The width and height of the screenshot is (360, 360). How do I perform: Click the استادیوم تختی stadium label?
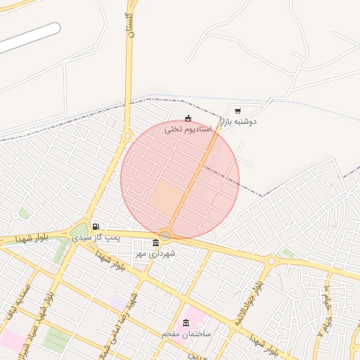tap(188, 129)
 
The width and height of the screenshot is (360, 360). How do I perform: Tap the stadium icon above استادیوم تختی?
tap(188, 118)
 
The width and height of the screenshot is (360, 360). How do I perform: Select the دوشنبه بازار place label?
tap(238, 122)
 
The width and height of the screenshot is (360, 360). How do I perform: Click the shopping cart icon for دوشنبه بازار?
tap(238, 110)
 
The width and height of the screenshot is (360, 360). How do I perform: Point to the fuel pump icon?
tap(95, 226)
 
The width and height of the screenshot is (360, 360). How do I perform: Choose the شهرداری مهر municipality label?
tap(155, 253)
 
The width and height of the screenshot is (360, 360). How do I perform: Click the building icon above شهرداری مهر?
tap(155, 243)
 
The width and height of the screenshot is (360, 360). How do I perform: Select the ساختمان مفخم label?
tap(186, 333)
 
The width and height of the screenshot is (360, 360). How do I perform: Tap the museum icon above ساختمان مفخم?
tap(186, 323)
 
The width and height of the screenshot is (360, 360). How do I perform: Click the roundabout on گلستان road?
tap(127, 136)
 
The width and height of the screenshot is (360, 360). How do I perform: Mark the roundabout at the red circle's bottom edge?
tap(166, 235)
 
